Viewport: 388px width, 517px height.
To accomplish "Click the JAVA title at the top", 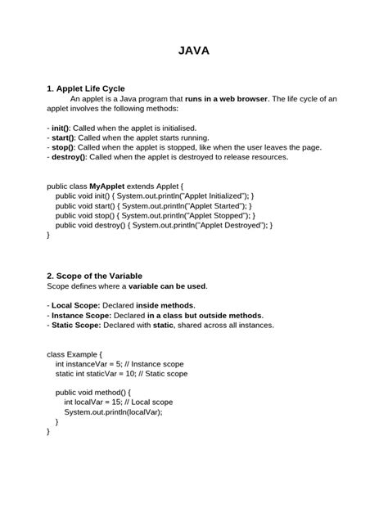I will click(194, 51).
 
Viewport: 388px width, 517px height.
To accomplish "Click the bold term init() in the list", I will click(60, 128).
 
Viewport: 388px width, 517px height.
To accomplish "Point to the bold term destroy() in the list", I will click(67, 157).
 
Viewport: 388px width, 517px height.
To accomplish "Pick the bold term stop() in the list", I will click(61, 147).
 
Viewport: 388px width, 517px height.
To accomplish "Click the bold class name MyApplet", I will click(118, 186).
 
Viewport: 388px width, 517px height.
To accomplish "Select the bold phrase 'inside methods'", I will click(165, 305).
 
